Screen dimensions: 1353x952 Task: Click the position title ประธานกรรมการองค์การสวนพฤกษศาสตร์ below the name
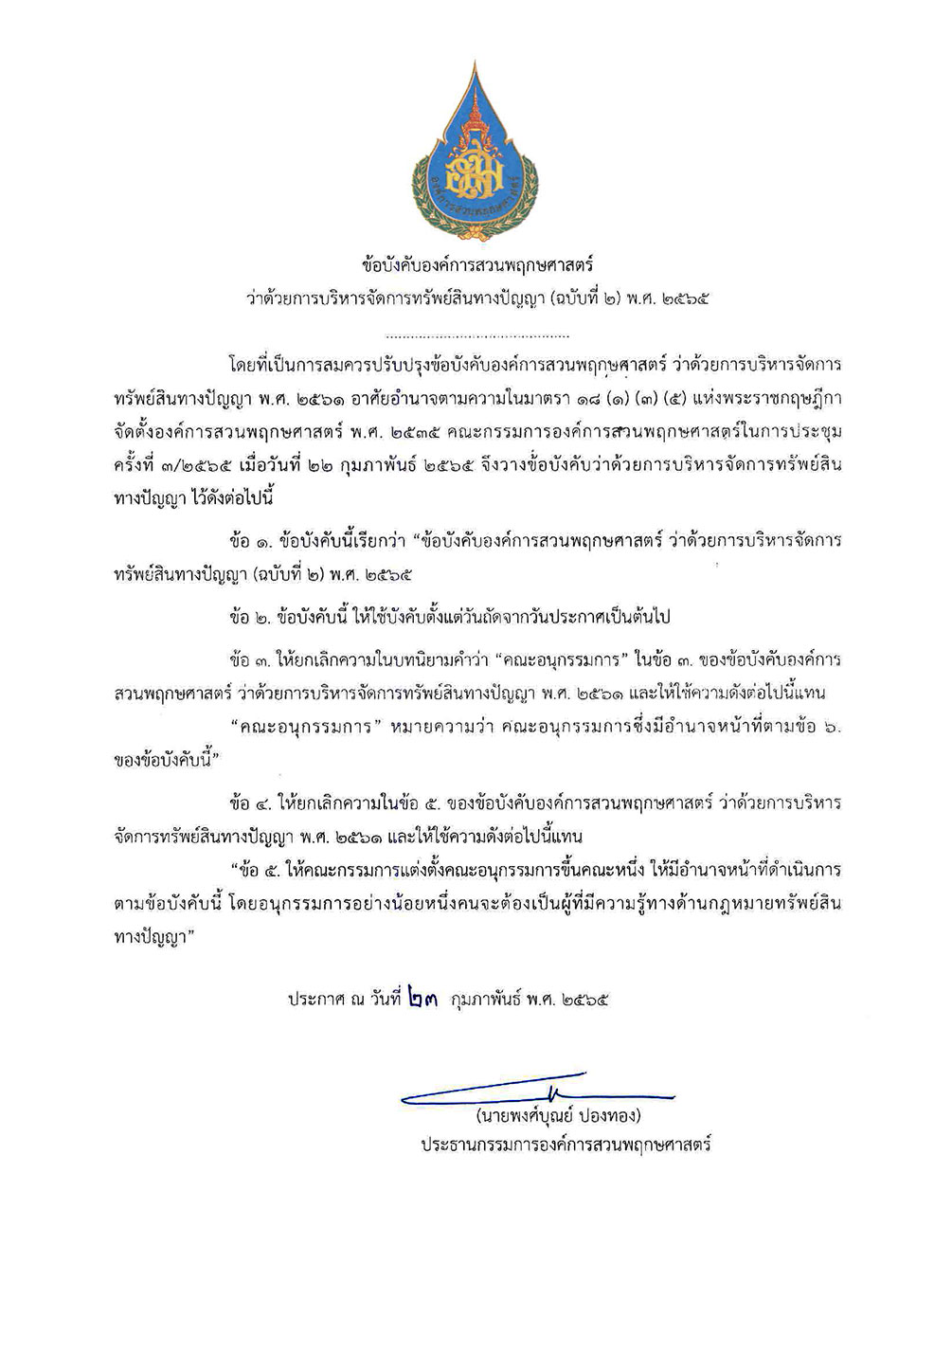pos(566,1144)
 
